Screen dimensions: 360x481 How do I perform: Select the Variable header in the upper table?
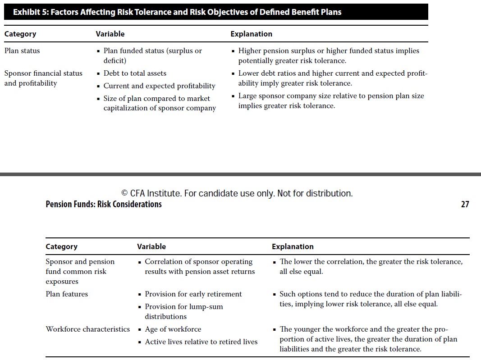pos(110,34)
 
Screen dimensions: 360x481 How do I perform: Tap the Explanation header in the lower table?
pos(293,246)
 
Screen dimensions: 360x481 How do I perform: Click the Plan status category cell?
pos(22,51)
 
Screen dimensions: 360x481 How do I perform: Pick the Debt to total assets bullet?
pos(135,73)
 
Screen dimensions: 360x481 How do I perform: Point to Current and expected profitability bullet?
pos(159,86)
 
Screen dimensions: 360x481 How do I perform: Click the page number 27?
pos(465,205)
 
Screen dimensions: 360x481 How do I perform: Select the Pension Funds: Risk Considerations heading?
pos(104,205)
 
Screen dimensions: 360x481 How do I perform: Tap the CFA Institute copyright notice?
pos(237,193)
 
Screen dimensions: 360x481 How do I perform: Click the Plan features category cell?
pos(67,294)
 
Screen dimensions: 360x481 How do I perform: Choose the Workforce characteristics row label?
pos(87,329)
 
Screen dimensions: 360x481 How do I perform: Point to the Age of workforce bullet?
pos(173,329)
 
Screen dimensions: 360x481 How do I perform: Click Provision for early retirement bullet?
pos(193,294)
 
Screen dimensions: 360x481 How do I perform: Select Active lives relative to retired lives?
pos(201,342)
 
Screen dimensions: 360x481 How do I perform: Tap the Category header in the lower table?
pos(61,246)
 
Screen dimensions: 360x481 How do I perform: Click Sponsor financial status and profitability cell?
pos(43,78)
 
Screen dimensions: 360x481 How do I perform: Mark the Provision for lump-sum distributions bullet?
pos(183,311)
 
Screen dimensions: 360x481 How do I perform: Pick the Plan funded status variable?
pos(152,55)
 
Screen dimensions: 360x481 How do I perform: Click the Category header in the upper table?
pos(20,34)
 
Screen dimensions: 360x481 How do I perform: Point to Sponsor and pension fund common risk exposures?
pos(80,272)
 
